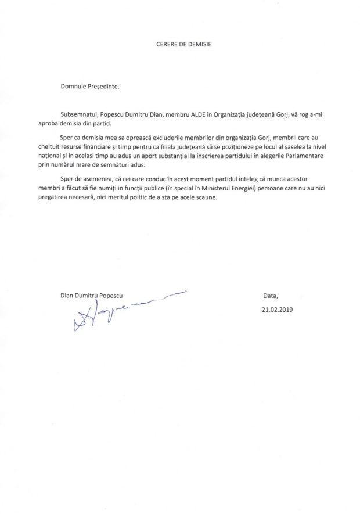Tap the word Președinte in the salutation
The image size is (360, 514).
(x=105, y=88)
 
